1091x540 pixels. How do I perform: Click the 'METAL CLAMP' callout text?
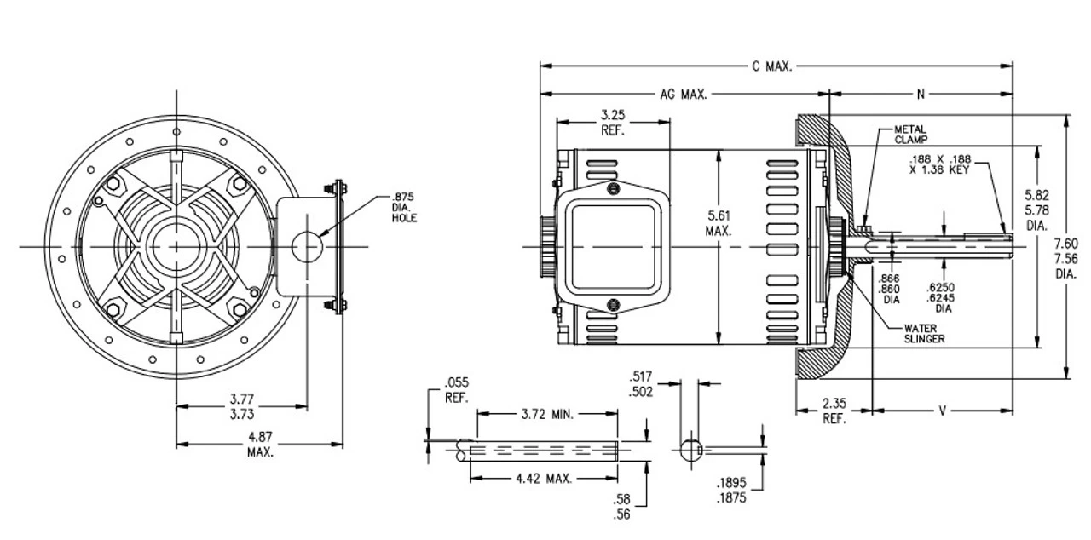910,133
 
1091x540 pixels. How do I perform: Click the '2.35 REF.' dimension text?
834,411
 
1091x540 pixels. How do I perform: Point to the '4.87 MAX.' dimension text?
260,445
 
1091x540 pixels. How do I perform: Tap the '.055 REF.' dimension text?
457,389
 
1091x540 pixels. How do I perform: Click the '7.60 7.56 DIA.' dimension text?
1065,260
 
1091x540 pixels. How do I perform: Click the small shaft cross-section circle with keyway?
690,449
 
